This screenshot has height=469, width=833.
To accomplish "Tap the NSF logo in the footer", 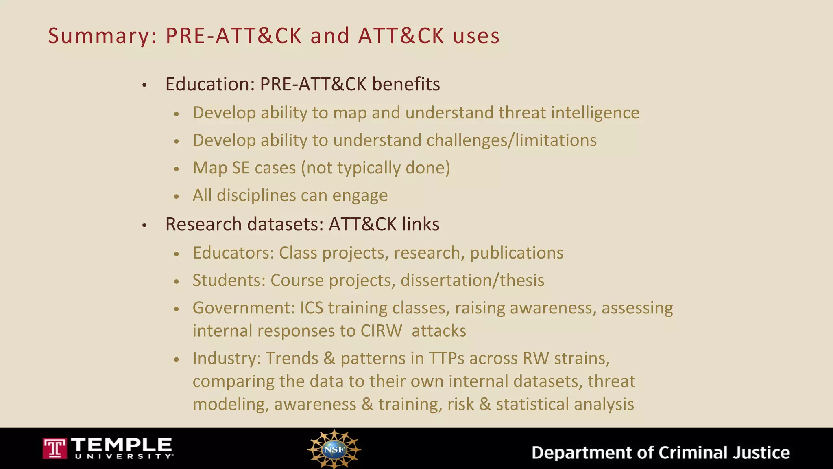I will (x=334, y=449).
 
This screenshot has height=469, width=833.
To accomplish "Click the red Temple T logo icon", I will (x=55, y=449).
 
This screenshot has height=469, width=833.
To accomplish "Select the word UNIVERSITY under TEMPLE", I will (x=124, y=457).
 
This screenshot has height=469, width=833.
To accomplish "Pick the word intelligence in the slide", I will (x=595, y=113).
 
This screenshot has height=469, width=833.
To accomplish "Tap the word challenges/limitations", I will (x=511, y=140).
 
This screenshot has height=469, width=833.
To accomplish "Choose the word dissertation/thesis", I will (x=472, y=281).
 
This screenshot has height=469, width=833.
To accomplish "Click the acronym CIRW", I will (x=381, y=331).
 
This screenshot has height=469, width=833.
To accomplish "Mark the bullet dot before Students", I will (x=177, y=281).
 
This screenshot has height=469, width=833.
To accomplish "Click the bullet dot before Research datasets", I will (x=144, y=225).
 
